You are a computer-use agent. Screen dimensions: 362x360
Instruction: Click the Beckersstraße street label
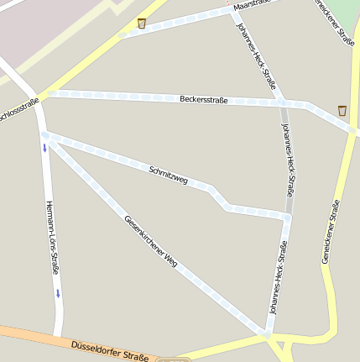(203, 99)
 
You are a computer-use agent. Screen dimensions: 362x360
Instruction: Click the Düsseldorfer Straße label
(110, 349)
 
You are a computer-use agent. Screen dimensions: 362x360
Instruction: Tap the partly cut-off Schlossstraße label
(18, 112)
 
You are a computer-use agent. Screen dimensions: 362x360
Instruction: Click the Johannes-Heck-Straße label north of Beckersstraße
(257, 56)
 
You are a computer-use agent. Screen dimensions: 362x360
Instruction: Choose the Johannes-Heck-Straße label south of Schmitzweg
(277, 277)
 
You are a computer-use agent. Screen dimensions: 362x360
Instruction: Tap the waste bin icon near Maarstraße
(142, 23)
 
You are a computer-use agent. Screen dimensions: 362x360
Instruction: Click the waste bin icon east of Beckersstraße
(342, 110)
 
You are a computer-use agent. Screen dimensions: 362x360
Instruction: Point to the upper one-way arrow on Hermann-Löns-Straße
(44, 149)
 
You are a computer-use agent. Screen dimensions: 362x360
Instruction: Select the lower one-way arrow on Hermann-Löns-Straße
(58, 292)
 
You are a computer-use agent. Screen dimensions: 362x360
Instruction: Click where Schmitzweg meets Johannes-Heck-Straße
(286, 217)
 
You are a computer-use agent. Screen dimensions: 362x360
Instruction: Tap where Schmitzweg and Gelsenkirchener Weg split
(45, 134)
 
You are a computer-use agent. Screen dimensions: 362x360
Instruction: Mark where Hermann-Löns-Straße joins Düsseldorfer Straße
(60, 335)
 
